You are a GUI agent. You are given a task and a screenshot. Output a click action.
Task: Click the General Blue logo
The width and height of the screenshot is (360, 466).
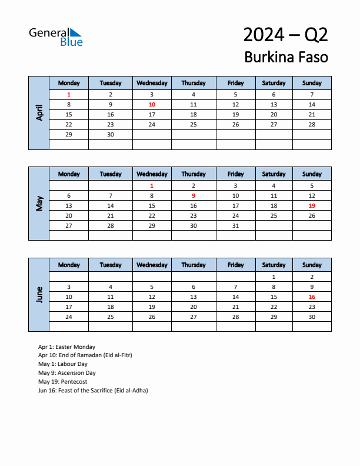coord(56,36)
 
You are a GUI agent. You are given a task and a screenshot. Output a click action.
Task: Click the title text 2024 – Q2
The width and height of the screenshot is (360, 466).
coord(285,35)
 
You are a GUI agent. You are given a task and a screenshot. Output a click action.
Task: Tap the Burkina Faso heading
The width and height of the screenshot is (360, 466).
coord(286,58)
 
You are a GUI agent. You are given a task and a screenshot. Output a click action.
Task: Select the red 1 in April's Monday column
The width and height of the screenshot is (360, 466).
coord(69,94)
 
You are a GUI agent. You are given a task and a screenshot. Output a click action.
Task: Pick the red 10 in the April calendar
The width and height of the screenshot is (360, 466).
coord(152,104)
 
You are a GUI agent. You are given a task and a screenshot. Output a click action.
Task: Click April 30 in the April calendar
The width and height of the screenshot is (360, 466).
coord(111,134)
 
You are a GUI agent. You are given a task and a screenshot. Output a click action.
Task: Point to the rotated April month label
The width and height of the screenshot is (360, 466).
coord(39,112)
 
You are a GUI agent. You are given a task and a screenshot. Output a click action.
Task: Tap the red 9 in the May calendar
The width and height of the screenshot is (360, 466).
coord(194,195)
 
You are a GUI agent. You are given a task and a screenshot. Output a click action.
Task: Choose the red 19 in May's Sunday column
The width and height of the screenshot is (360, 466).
coord(312,205)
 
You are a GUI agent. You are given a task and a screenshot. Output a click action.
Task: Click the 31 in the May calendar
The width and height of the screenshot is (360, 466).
coord(235,225)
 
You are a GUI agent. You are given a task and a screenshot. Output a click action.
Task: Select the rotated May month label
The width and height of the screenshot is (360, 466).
coord(39,204)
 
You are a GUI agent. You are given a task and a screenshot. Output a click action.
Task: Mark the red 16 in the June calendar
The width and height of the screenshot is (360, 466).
coord(312,297)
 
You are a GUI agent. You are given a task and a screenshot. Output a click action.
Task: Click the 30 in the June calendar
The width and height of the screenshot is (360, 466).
coord(312,317)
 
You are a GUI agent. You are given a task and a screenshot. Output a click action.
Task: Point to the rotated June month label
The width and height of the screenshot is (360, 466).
coord(39,294)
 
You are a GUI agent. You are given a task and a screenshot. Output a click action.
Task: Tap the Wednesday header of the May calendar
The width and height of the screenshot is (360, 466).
coord(152,174)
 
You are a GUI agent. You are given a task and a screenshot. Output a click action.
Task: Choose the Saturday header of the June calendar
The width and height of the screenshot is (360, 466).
coord(274,265)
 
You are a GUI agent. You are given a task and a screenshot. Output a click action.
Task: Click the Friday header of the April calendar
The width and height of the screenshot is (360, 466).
coord(235,83)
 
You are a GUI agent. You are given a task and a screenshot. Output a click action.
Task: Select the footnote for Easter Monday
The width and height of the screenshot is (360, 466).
coord(66,347)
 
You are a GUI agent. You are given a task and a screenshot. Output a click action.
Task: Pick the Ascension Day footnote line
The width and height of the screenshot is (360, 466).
coord(66,373)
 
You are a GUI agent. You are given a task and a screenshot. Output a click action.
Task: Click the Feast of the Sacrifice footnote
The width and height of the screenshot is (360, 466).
coord(93,390)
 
